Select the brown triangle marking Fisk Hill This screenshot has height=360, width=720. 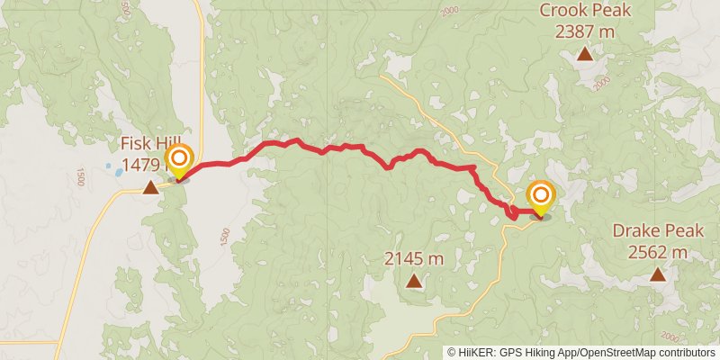point(150,187)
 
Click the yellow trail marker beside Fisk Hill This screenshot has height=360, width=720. point(179,163)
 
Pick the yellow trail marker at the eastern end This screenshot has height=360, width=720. point(541,199)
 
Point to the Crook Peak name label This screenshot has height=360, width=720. point(584,11)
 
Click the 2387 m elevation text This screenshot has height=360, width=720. point(585,32)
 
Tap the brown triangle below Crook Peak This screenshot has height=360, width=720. point(584,55)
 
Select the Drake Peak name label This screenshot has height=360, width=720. point(657,230)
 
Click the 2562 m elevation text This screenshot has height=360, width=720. point(658,252)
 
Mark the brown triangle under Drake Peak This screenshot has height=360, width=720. point(658,274)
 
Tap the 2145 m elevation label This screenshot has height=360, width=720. point(414,259)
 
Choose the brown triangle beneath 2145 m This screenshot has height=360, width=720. point(413,281)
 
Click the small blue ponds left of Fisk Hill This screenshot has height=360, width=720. point(113,167)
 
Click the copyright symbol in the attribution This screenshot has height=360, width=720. point(452,352)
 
